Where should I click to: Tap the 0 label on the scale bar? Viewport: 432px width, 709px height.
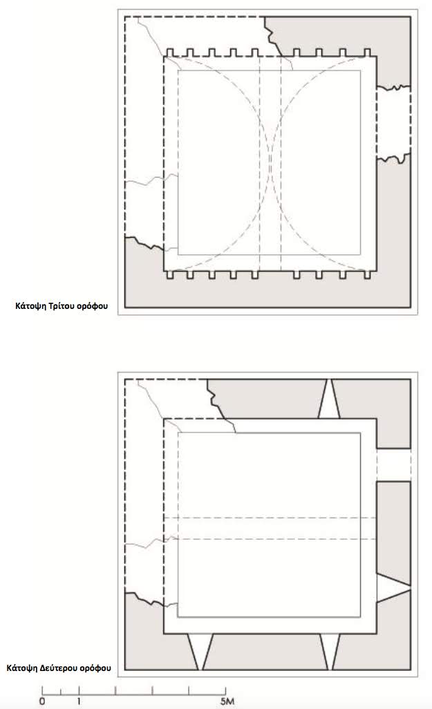coord(42,701)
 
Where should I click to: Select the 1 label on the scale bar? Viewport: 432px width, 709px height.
coord(79,701)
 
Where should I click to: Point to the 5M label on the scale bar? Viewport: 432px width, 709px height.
coord(227,701)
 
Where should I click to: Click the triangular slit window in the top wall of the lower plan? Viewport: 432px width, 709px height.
coord(329,399)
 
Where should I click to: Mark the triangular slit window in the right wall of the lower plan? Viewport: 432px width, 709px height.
coord(393,588)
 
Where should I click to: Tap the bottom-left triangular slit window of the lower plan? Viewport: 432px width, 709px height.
coord(200,652)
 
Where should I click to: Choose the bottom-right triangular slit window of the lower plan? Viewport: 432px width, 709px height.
coord(330,652)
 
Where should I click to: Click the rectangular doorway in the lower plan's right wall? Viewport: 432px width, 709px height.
coord(393,465)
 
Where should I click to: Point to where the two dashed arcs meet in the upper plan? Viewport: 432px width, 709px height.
coord(270,163)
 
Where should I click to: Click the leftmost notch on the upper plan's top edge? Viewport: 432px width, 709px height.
coord(170,53)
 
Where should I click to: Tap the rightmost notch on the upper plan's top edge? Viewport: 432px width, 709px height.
coord(367,53)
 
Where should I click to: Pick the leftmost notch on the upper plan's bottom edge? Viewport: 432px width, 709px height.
coord(170,274)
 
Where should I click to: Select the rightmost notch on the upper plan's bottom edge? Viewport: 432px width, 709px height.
coord(367,274)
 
